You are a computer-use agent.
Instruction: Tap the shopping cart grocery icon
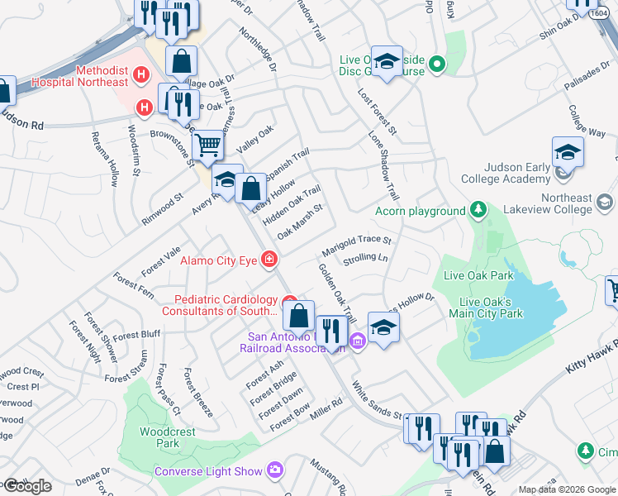tap(207, 146)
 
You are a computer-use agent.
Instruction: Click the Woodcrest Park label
tap(160, 437)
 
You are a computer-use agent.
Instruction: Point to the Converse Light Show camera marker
tap(275, 471)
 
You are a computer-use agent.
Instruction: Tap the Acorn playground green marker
tap(478, 211)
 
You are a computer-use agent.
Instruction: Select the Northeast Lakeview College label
tap(567, 203)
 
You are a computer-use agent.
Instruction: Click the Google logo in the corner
tap(26, 486)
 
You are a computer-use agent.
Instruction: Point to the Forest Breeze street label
tap(198, 392)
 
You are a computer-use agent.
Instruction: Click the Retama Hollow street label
tap(106, 158)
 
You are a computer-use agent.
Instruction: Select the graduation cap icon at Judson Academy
tap(568, 153)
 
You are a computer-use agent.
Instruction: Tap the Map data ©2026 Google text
tap(567, 489)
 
